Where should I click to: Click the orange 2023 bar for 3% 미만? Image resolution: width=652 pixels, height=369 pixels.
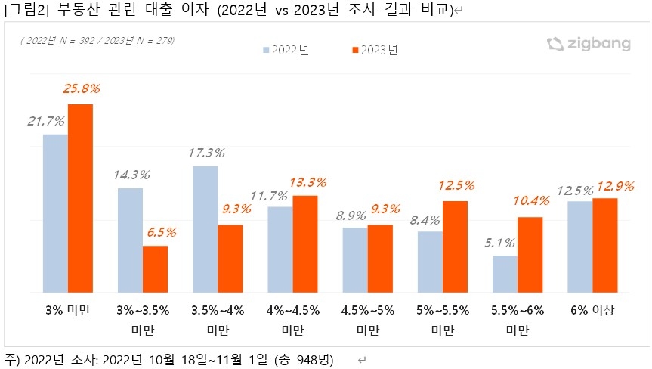pos(80,198)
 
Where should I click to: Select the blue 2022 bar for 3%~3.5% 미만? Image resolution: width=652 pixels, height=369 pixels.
pos(130,240)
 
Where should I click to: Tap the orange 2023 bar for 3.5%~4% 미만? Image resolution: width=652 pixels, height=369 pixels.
pos(230,258)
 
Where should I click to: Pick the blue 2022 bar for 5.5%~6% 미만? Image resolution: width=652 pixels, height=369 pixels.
pos(505,274)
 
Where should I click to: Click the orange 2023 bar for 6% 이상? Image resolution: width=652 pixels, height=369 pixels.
pos(604,245)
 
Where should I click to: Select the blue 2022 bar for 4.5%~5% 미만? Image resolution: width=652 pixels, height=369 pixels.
pos(355,259)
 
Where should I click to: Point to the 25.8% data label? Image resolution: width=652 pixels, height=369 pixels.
pos(80,89)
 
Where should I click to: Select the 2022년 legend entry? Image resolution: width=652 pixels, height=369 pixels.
pos(286,51)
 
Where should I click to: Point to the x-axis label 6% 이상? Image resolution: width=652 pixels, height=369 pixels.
pos(592,309)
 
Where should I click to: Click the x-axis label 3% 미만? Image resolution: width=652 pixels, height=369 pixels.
pos(68,309)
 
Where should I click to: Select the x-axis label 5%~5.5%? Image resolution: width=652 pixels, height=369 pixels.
pos(442,309)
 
